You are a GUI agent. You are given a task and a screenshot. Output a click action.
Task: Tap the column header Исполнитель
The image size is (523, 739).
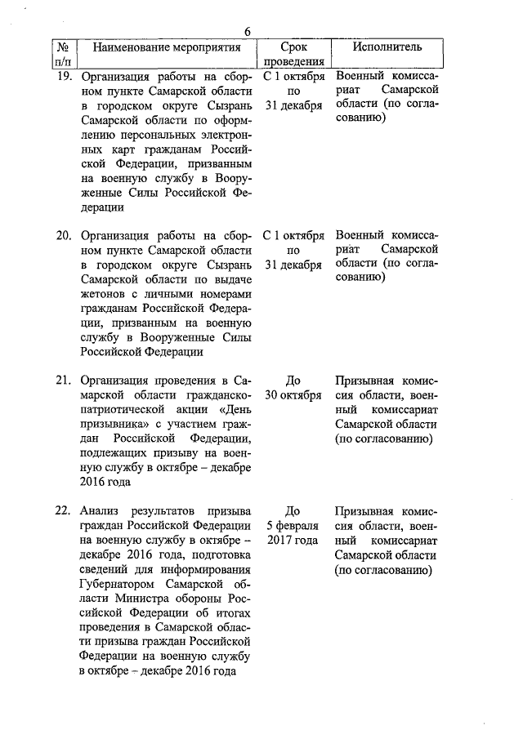pyautogui.click(x=387, y=47)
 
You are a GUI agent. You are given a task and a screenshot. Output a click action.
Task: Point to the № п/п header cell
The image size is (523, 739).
pyautogui.click(x=63, y=54)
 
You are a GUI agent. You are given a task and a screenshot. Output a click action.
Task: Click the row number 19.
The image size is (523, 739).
pyautogui.click(x=64, y=76)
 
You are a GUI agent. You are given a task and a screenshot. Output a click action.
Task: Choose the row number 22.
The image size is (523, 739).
pyautogui.click(x=64, y=511)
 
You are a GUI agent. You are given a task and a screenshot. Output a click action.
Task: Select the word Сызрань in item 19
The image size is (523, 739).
pyautogui.click(x=223, y=107)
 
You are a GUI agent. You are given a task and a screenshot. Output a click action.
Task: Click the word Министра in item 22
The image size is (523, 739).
pyautogui.click(x=127, y=599)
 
